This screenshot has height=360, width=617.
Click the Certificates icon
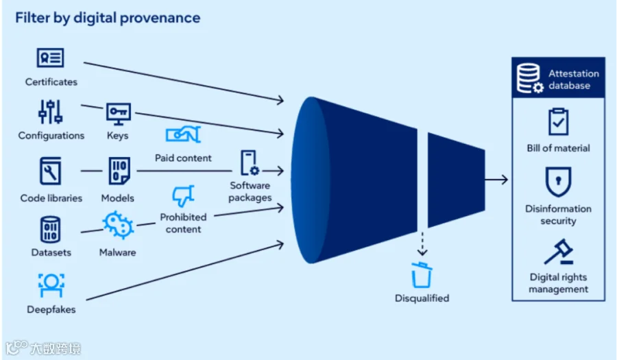pyautogui.click(x=50, y=58)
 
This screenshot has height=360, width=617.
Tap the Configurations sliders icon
pyautogui.click(x=50, y=112)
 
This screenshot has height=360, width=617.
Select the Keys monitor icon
pyautogui.click(x=118, y=114)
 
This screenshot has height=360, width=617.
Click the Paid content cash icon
pyautogui.click(x=183, y=134)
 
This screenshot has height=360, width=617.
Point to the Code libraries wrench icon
pyautogui.click(x=50, y=171)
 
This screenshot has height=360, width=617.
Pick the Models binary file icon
pyautogui.click(x=119, y=171)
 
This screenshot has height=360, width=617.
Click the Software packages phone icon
pyautogui.click(x=250, y=163)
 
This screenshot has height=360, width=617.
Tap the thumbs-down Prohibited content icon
pyautogui.click(x=183, y=195)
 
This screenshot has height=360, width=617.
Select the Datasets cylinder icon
pyautogui.click(x=50, y=230)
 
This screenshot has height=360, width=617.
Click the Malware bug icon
pyautogui.click(x=118, y=225)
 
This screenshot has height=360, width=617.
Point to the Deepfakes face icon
pyautogui.click(x=51, y=285)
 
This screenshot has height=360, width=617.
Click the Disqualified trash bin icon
pyautogui.click(x=422, y=275)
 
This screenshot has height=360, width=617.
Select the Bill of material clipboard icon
pyautogui.click(x=558, y=121)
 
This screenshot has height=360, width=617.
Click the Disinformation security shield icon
pyautogui.click(x=558, y=182)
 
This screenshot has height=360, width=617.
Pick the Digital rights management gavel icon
pyautogui.click(x=559, y=252)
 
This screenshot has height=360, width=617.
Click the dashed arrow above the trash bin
pyautogui.click(x=422, y=244)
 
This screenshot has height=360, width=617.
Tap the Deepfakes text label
pyautogui.click(x=51, y=309)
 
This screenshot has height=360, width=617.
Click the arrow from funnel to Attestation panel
pyautogui.click(x=496, y=180)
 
